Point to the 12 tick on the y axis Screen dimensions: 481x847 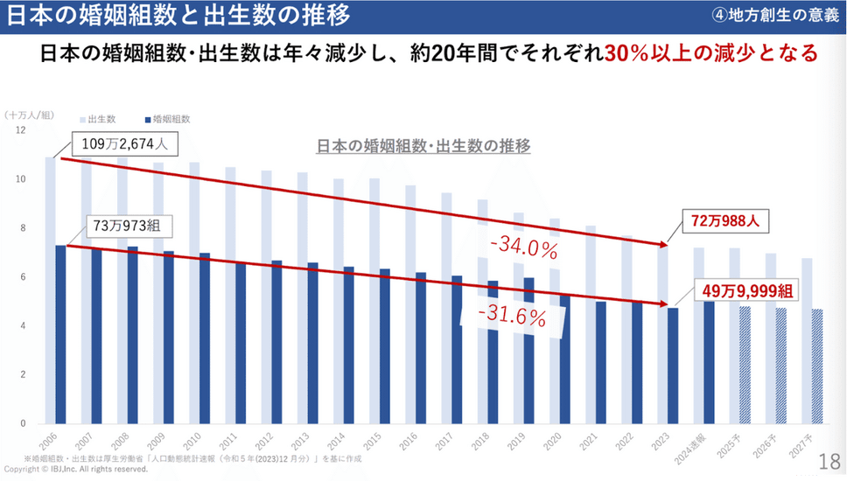[x=20, y=129]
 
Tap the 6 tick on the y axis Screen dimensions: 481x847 [x=22, y=277]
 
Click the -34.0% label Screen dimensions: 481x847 [x=524, y=249]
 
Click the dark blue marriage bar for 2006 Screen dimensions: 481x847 [x=60, y=334]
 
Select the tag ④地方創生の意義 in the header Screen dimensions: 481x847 [x=775, y=16]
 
